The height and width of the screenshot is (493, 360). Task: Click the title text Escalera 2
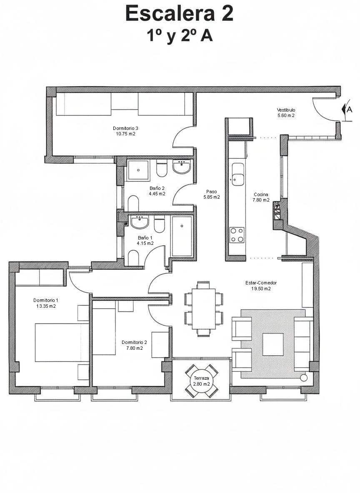click(x=179, y=13)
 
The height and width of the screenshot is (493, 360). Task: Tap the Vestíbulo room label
click(x=286, y=110)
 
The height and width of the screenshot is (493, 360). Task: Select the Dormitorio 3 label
click(x=125, y=128)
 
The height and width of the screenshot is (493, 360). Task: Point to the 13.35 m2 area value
click(x=46, y=306)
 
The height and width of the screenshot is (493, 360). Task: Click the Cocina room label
click(x=261, y=194)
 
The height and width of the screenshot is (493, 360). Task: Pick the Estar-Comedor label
click(x=261, y=283)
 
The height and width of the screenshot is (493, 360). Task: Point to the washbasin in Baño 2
click(x=182, y=168)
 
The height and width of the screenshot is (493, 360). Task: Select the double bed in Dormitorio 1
click(x=62, y=342)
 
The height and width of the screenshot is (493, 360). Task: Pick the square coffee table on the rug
click(x=273, y=344)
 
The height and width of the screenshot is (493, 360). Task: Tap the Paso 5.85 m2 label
click(x=212, y=194)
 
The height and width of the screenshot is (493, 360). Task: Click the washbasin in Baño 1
click(x=140, y=223)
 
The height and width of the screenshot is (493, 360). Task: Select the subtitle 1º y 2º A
click(x=179, y=36)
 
